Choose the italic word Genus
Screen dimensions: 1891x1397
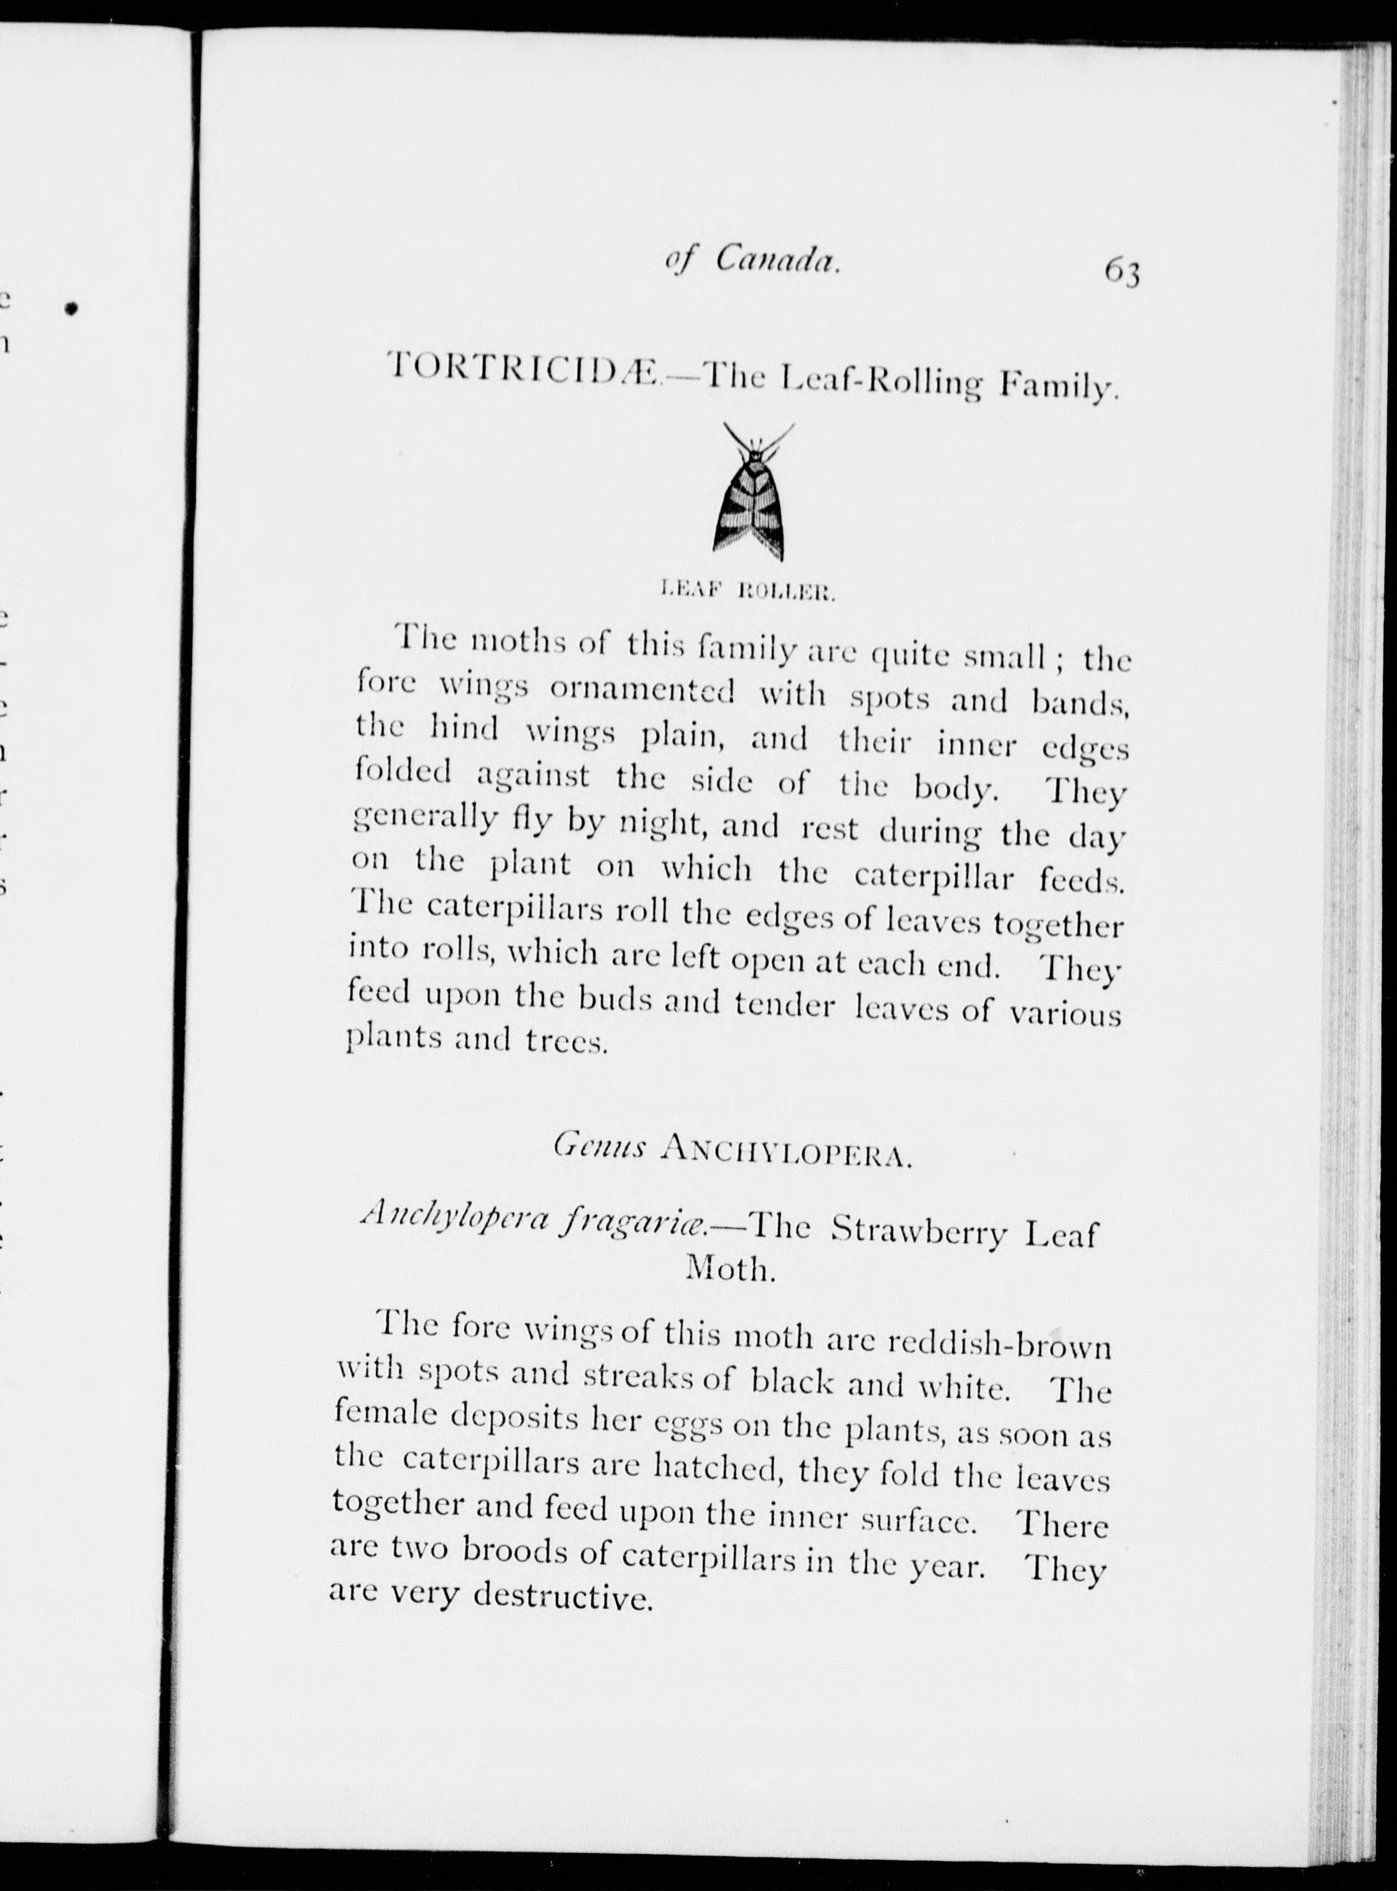click(600, 1148)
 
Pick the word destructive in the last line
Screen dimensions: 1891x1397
click(563, 1596)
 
